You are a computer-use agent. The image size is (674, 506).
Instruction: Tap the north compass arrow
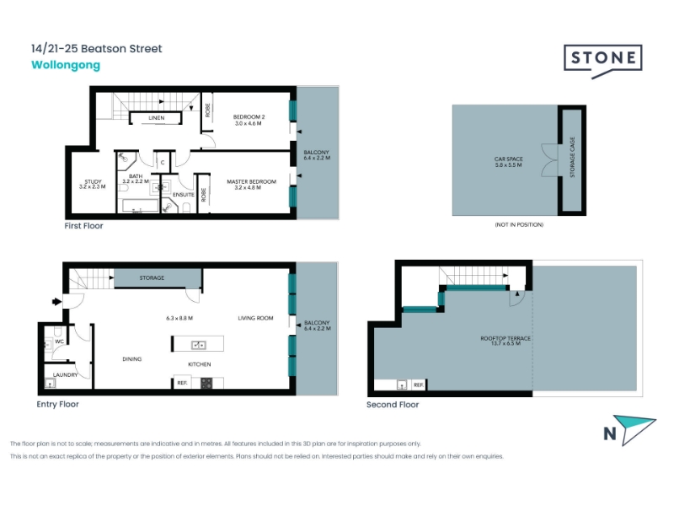coord(634,428)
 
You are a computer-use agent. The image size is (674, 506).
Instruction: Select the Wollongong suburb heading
coord(66,65)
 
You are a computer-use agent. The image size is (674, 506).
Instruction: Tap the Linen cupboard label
coord(157,117)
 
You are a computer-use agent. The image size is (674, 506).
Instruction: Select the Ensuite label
coord(183,195)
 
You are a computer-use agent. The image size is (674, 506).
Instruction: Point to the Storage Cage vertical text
coord(572,157)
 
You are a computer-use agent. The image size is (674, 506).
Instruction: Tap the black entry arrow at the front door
coord(56,302)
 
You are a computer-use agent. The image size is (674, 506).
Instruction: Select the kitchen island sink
coord(198,345)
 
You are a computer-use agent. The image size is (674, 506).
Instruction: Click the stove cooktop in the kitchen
coord(206,383)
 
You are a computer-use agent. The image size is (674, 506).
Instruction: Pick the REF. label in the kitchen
coord(182,383)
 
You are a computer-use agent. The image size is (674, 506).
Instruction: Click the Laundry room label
coord(66,374)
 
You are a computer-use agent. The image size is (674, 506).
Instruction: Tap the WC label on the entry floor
coord(59,342)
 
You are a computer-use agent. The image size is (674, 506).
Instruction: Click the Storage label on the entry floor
coord(152,278)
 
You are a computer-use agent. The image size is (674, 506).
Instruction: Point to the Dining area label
coord(132,359)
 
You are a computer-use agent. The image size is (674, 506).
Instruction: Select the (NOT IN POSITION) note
coord(519,224)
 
